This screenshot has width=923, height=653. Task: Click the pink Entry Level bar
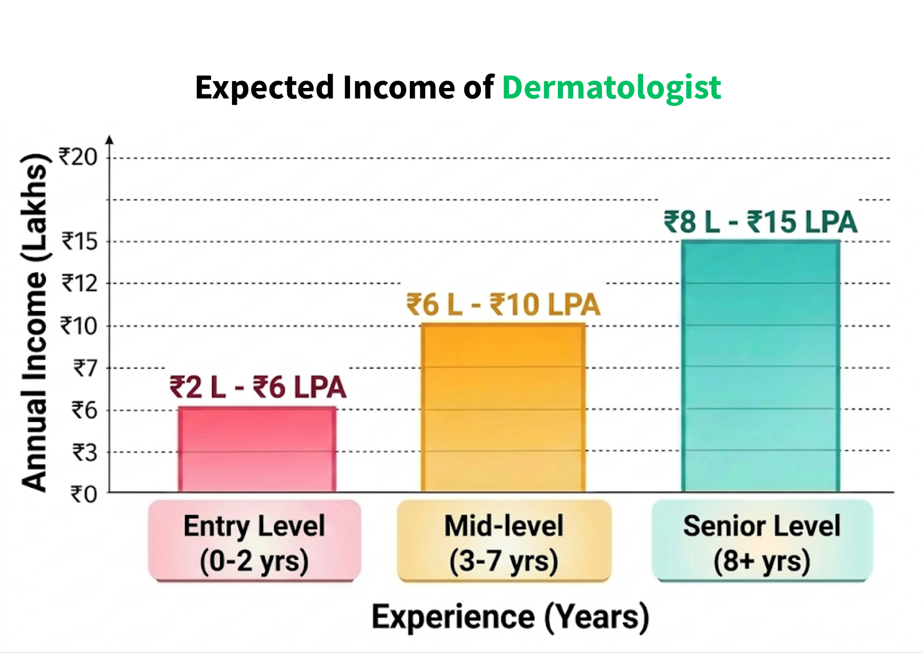coord(257,449)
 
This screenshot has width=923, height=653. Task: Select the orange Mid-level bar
coord(503,408)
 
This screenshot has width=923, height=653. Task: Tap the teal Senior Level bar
coord(760,366)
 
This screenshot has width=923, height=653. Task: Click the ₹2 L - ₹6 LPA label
coord(258,387)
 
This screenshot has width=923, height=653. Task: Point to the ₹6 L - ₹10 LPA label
coord(503,304)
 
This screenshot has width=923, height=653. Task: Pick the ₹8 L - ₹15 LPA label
coord(760,222)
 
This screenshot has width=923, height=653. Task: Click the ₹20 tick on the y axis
coord(78,157)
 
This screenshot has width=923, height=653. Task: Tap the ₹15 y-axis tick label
coord(80,242)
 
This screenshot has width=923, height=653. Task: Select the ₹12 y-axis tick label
coord(80,284)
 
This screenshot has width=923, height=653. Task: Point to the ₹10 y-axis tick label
coord(79,326)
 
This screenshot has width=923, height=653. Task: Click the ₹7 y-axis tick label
coord(85,368)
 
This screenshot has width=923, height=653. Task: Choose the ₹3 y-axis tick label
coord(85,452)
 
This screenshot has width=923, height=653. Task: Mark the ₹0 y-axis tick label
coord(84,494)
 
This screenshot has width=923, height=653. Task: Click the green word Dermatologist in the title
coord(611,88)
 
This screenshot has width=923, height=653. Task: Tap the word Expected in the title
coord(265,88)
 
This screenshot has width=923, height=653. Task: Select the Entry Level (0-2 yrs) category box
coord(255,541)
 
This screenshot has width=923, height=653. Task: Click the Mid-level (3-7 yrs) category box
coord(504,541)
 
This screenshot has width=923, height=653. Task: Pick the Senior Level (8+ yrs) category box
coord(762,541)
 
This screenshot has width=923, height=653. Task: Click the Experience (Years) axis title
coord(510,617)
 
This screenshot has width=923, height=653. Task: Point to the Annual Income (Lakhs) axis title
coord(35,322)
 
